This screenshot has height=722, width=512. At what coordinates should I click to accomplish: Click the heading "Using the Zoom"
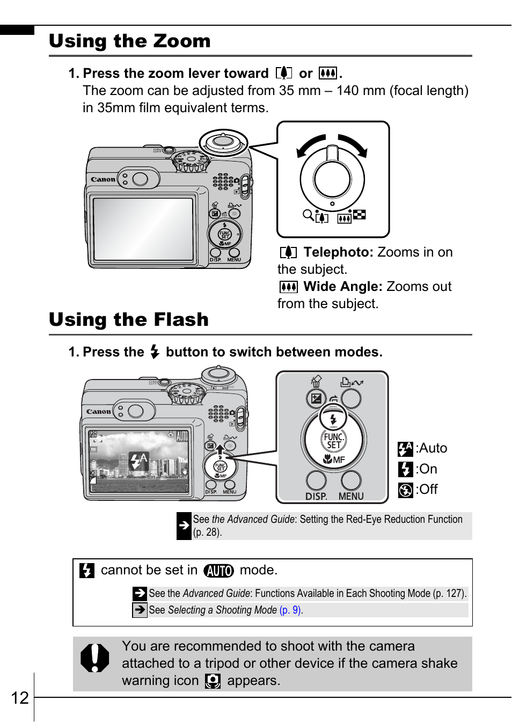(x=130, y=41)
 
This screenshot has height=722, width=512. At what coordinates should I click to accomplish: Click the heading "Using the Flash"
(x=129, y=320)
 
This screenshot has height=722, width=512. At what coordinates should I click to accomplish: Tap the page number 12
(x=20, y=698)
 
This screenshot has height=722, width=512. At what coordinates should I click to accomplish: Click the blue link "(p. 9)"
(x=290, y=610)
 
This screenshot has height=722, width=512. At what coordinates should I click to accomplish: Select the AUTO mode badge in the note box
(x=218, y=571)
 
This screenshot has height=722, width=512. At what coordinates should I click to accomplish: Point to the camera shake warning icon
(x=213, y=681)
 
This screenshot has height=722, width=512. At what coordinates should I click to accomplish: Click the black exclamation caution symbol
(x=94, y=658)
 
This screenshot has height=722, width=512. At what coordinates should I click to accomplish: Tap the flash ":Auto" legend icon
(x=405, y=449)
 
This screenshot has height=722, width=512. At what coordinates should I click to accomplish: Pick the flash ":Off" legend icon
(x=405, y=490)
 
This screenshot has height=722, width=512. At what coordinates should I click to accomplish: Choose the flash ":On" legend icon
(x=405, y=470)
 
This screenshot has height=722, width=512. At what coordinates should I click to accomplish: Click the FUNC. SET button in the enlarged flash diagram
(x=333, y=441)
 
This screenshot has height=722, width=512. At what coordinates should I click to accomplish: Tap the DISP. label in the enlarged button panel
(x=316, y=497)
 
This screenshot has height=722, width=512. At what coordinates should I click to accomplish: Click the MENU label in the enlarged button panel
(x=351, y=497)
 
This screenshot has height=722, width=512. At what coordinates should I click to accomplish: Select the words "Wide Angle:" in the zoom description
(x=343, y=287)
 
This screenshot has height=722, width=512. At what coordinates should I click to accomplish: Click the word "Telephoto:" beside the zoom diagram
(x=338, y=252)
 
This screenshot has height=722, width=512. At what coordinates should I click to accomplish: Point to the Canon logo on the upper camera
(x=103, y=179)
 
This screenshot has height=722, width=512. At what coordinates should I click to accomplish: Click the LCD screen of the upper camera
(x=143, y=229)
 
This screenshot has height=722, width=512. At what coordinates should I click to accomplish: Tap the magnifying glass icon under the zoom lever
(x=308, y=215)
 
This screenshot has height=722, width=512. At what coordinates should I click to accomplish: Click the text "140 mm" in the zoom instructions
(x=361, y=91)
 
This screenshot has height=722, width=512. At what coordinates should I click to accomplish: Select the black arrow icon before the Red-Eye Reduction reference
(x=184, y=526)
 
